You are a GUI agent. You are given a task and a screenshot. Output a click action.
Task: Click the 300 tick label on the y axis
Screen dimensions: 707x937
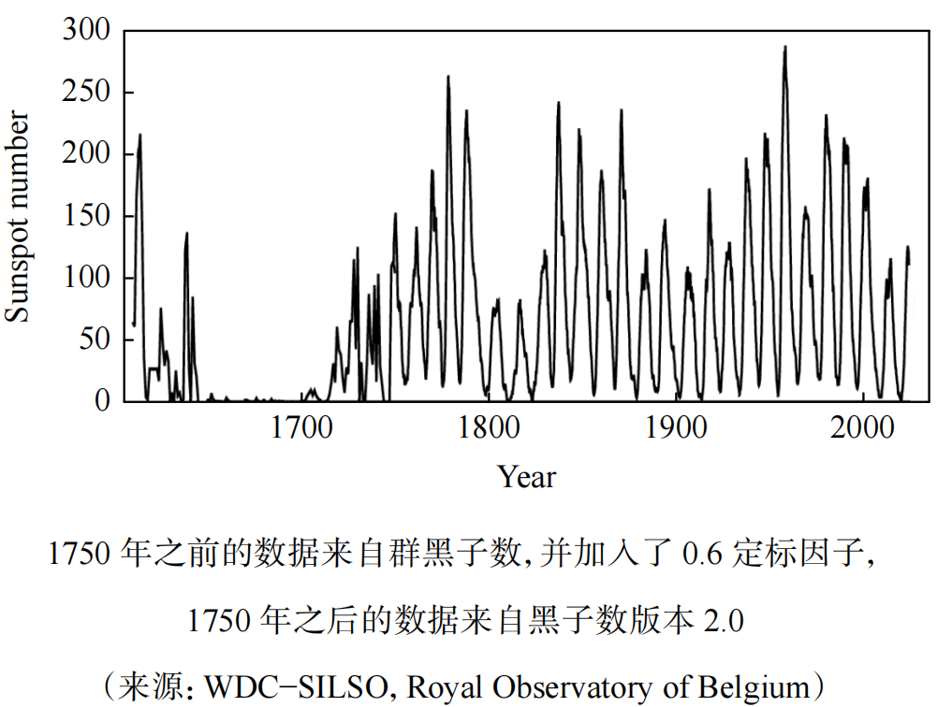pyautogui.click(x=87, y=32)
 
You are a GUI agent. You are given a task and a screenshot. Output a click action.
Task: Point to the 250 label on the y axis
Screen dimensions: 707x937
pyautogui.click(x=87, y=94)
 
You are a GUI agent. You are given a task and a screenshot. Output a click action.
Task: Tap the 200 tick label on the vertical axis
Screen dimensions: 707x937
pyautogui.click(x=87, y=155)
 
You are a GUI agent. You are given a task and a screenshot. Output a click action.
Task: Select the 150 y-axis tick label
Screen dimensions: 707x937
pyautogui.click(x=87, y=217)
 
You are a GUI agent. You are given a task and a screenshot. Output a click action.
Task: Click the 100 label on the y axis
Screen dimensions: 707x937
pyautogui.click(x=87, y=279)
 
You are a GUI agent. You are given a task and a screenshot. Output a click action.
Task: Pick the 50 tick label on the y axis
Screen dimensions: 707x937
pyautogui.click(x=95, y=339)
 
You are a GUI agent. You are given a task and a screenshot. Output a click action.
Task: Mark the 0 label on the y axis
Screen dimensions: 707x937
pyautogui.click(x=103, y=401)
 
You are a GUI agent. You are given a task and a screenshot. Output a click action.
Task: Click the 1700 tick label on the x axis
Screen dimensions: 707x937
pyautogui.click(x=301, y=431)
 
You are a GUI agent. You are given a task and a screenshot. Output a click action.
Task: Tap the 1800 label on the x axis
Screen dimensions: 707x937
pyautogui.click(x=489, y=431)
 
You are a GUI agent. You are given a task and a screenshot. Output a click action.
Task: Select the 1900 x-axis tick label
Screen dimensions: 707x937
pyautogui.click(x=676, y=431)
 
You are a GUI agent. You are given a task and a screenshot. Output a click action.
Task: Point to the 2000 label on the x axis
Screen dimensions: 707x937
pyautogui.click(x=863, y=431)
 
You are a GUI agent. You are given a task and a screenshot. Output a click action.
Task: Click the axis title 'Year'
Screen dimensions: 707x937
pyautogui.click(x=527, y=478)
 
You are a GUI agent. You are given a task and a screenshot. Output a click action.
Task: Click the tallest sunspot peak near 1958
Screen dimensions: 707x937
pyautogui.click(x=784, y=48)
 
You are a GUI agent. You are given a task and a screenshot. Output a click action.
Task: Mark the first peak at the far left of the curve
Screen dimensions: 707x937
pyautogui.click(x=140, y=137)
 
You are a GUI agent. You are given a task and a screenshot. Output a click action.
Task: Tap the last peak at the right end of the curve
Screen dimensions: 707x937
pyautogui.click(x=907, y=248)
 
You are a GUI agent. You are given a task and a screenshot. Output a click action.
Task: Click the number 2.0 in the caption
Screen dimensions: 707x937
pyautogui.click(x=723, y=622)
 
